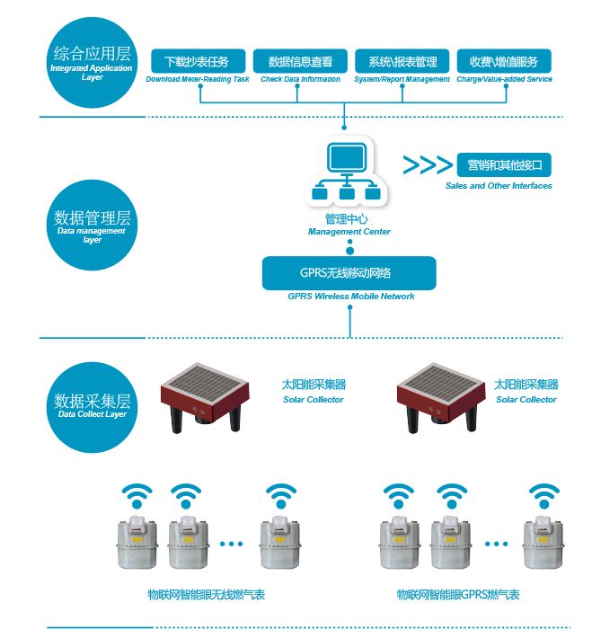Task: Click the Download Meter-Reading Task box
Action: (x=198, y=61)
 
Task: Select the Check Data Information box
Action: (x=300, y=61)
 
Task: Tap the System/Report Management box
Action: (x=402, y=61)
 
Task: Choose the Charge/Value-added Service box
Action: (x=503, y=61)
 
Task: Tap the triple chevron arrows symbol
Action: (x=427, y=165)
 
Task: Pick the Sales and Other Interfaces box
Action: (x=503, y=165)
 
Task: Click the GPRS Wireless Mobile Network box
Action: (x=349, y=272)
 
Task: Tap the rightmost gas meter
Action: (x=540, y=545)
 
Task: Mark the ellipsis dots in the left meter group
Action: (x=231, y=544)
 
